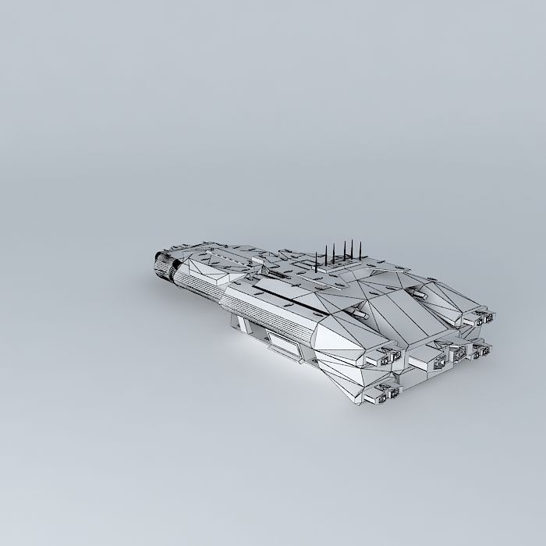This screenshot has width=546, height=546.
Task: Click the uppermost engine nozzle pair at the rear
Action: [476, 319]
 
